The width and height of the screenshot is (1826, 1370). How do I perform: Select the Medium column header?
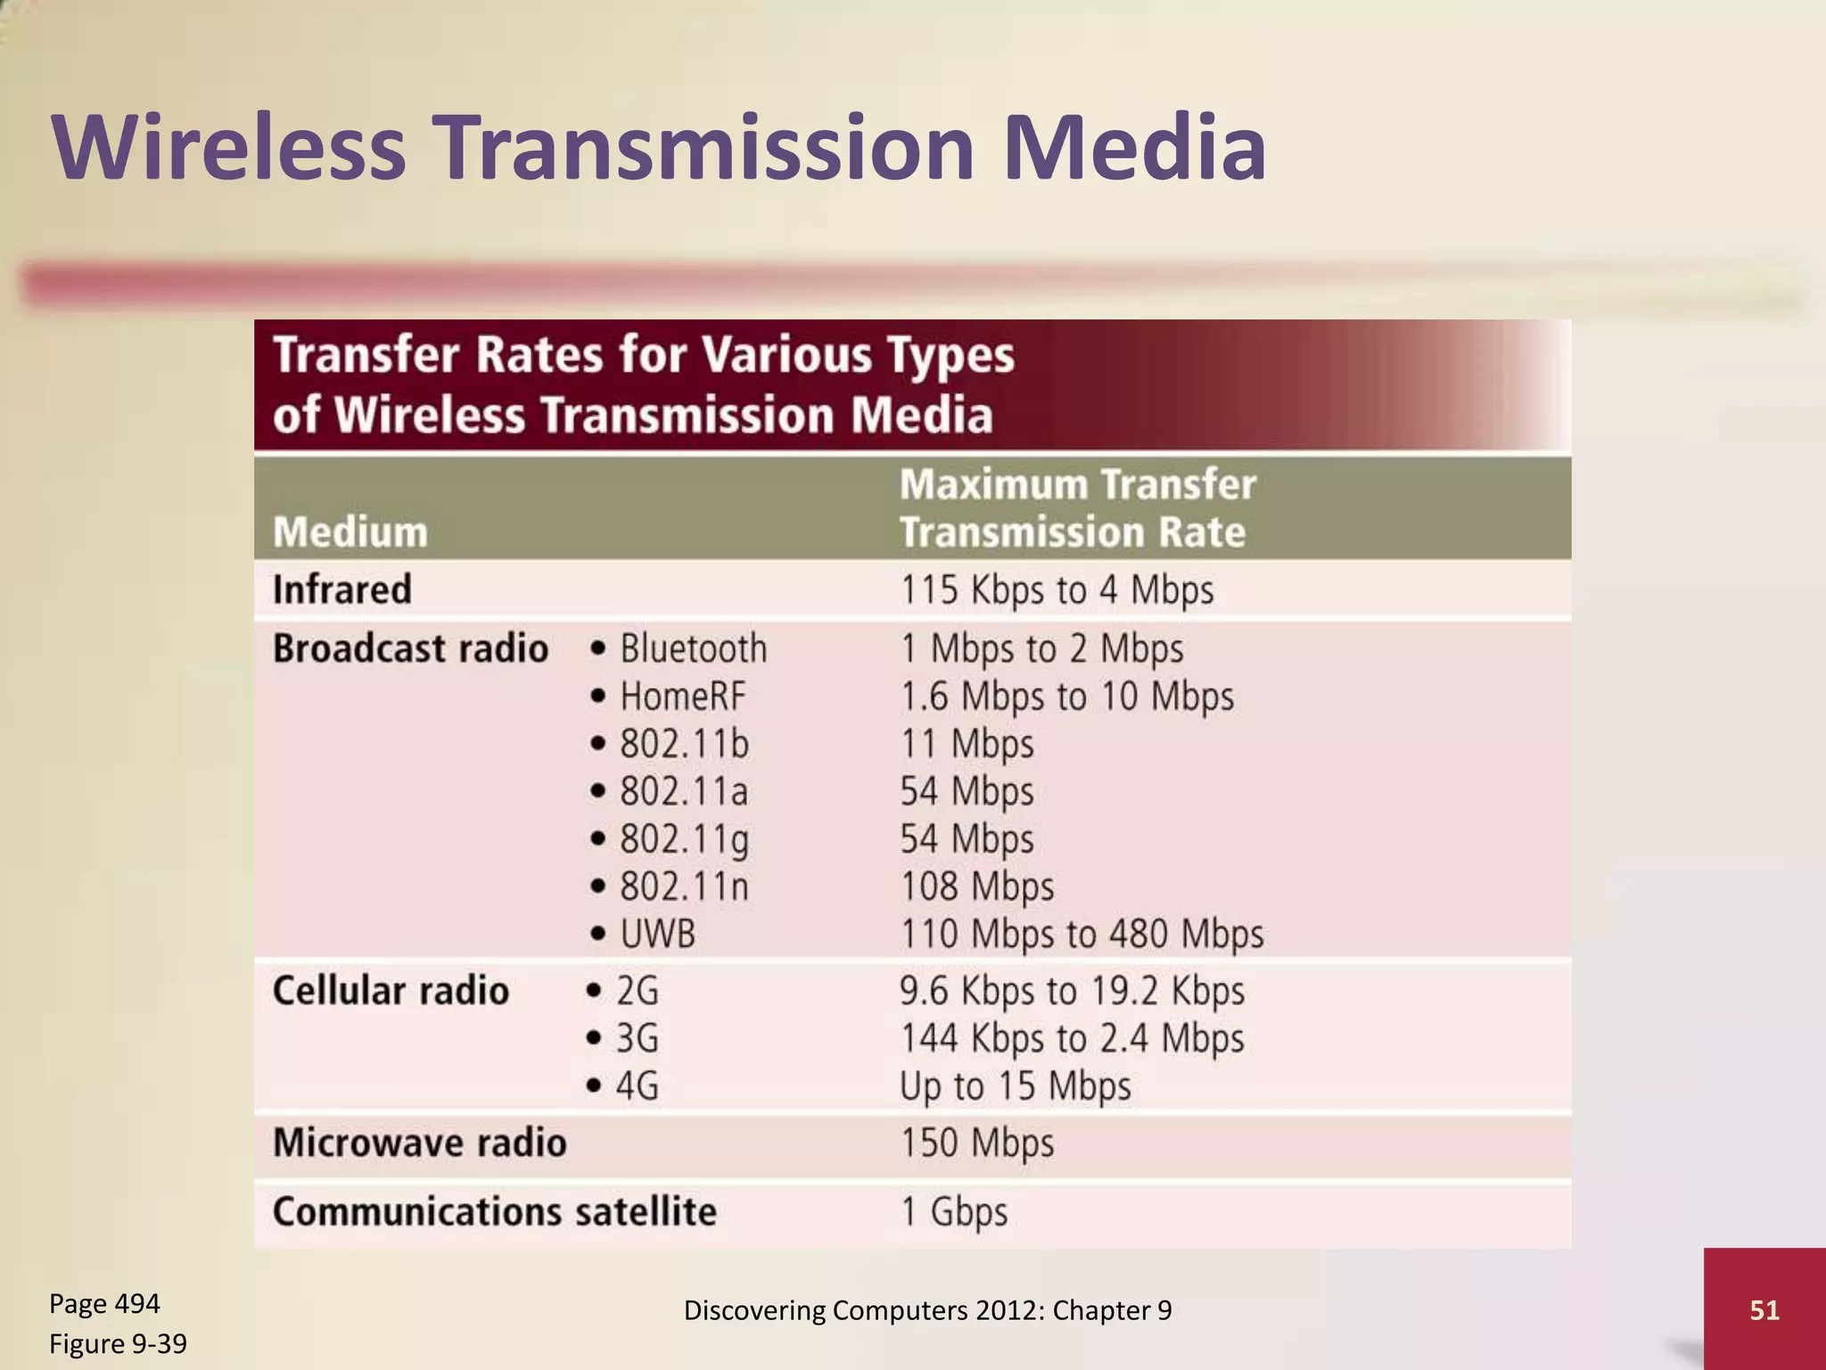(x=350, y=532)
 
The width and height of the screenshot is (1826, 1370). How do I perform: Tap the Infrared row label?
(x=341, y=590)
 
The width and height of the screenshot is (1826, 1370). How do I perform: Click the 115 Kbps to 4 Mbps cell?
(x=1057, y=590)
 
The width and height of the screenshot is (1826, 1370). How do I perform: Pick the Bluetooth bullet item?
(x=693, y=648)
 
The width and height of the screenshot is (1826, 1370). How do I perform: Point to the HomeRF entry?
(x=682, y=697)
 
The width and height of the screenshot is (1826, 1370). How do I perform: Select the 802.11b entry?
(x=684, y=744)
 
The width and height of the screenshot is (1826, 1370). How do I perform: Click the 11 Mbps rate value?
(x=967, y=744)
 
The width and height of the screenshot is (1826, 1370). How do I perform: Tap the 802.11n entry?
(x=684, y=887)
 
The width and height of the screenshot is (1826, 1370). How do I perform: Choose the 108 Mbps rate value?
(x=977, y=887)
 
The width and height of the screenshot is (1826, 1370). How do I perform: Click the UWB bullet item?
(x=657, y=935)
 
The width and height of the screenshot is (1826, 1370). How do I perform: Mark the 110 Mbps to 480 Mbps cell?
(x=1082, y=935)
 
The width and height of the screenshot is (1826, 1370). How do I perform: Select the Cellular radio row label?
(x=391, y=991)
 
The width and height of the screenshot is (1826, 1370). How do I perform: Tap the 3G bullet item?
(x=637, y=1039)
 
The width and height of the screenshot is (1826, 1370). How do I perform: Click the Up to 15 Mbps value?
(x=1015, y=1086)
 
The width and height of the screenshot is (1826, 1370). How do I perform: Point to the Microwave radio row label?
(x=419, y=1143)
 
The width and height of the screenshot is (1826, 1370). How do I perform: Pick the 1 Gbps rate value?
(x=954, y=1212)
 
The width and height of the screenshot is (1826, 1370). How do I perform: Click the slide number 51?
(x=1764, y=1309)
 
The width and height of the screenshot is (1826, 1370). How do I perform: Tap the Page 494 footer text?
(x=104, y=1304)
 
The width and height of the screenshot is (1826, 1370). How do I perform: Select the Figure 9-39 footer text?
(x=118, y=1343)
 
